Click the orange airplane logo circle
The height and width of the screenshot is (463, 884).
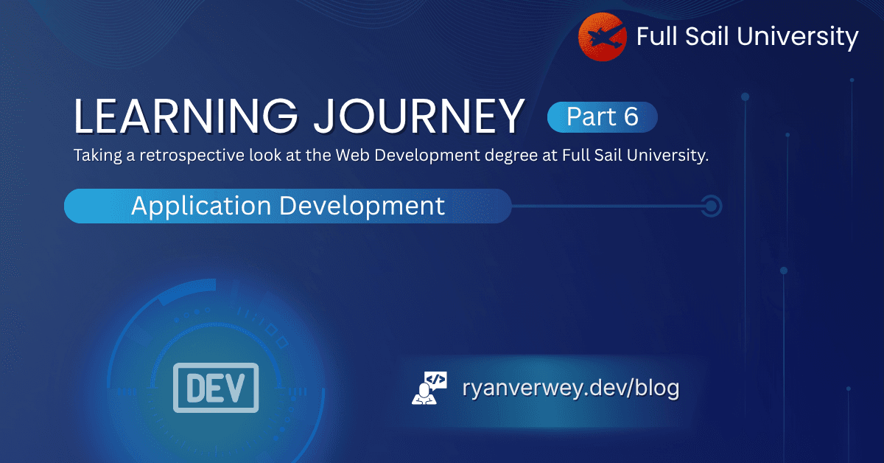[x=603, y=37]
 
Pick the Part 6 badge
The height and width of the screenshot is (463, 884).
[x=602, y=117]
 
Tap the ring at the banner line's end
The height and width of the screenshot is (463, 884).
[x=711, y=206]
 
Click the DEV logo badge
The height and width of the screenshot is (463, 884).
[x=216, y=387]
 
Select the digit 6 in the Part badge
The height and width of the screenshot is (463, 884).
[x=631, y=117]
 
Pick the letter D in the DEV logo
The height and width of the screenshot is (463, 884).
[x=193, y=387]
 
